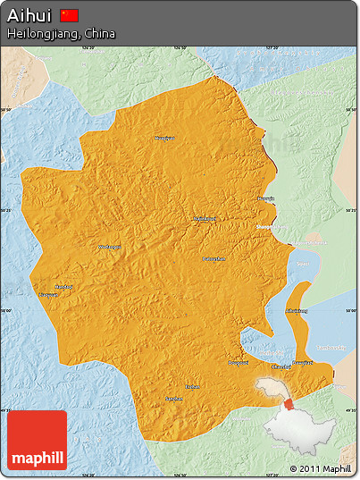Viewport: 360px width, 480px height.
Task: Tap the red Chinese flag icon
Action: point(70,15)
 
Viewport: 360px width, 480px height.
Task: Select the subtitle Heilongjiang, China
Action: point(61,33)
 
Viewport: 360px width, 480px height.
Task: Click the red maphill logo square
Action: point(38,441)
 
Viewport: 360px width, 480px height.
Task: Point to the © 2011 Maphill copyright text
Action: point(320,468)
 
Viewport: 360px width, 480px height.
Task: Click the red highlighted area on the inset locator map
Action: point(289,404)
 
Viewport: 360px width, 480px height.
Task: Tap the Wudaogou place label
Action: point(108,247)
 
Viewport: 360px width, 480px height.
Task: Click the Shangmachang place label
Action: point(271,227)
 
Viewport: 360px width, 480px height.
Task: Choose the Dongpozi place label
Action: point(239,362)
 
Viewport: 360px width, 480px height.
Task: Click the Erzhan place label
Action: point(192,386)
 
